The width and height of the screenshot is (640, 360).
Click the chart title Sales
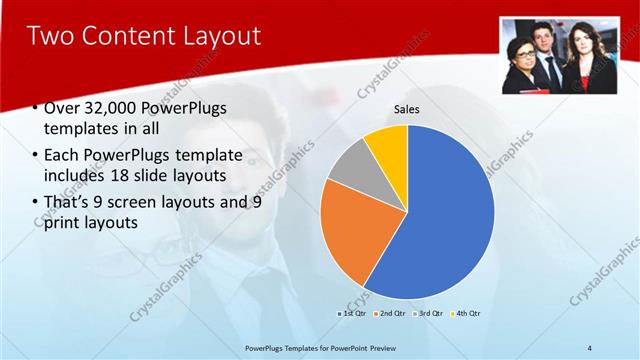[x=406, y=109]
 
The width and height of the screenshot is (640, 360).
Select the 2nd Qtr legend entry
[x=390, y=314]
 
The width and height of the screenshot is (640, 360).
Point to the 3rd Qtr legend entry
[x=427, y=314]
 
